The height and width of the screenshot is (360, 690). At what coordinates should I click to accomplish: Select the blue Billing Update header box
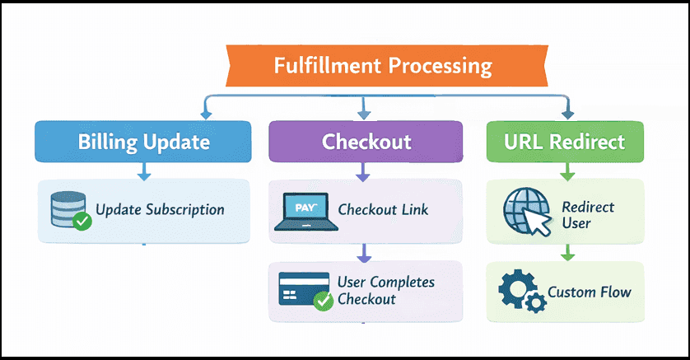pos(143,141)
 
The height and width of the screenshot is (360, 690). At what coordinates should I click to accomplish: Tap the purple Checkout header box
pos(366,141)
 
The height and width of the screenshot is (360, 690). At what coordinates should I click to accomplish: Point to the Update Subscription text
pos(160,209)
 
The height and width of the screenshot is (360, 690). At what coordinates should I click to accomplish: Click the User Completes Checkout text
pos(385,291)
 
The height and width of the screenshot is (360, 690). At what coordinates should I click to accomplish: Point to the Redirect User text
pos(587,214)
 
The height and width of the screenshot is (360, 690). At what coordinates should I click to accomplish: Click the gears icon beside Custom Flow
pos(520,292)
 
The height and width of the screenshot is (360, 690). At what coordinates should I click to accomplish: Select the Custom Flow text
pos(589,292)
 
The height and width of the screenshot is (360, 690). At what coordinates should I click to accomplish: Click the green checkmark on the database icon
pos(82,221)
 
